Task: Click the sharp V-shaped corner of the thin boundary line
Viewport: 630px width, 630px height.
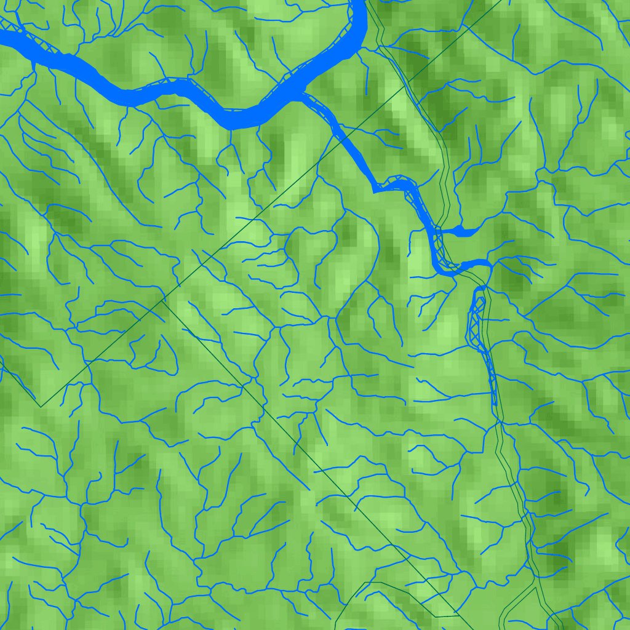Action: pos(41,407)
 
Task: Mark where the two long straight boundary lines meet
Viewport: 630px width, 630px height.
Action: pos(164,301)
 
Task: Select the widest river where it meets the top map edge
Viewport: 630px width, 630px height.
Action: pos(360,4)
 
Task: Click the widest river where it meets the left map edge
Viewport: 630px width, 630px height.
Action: pos(3,38)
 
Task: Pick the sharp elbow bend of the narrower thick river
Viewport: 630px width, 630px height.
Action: pos(375,190)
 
